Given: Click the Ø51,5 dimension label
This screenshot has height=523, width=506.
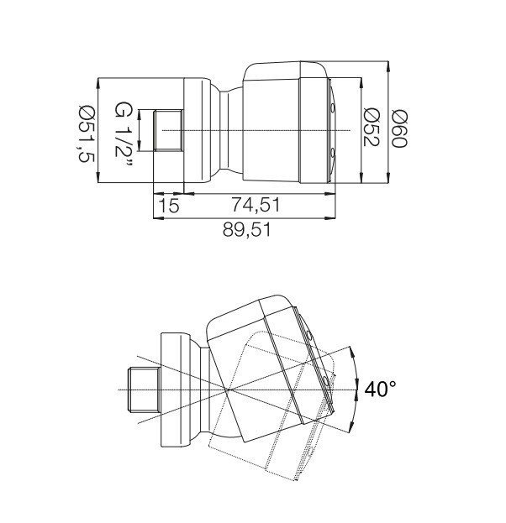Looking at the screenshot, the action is pyautogui.click(x=87, y=133).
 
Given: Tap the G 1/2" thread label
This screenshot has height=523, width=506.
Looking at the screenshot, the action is pyautogui.click(x=124, y=134).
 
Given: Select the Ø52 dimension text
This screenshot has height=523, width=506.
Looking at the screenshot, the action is pyautogui.click(x=371, y=127).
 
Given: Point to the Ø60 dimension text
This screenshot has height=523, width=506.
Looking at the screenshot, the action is pyautogui.click(x=399, y=129).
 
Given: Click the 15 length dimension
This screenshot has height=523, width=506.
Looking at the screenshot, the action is pyautogui.click(x=168, y=206).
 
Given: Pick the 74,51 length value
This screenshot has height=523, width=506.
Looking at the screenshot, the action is pyautogui.click(x=256, y=205).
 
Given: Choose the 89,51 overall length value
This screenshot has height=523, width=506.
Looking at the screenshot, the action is pyautogui.click(x=246, y=230).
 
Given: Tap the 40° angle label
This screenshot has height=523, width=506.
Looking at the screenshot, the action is pyautogui.click(x=381, y=389).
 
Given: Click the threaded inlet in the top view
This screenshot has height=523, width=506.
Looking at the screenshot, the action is pyautogui.click(x=168, y=130).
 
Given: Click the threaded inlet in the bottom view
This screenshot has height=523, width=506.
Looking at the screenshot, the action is pyautogui.click(x=144, y=390).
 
